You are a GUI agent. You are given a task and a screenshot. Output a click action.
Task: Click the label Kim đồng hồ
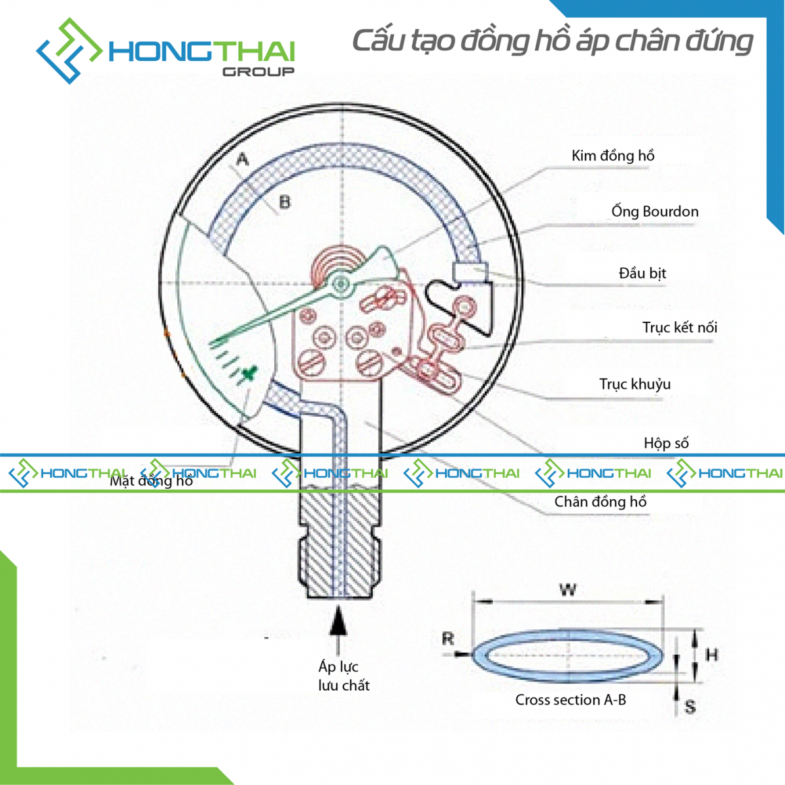(x=612, y=156)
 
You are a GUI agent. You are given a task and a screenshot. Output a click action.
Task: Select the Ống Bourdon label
(x=654, y=211)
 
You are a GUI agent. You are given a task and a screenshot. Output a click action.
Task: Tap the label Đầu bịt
(x=642, y=273)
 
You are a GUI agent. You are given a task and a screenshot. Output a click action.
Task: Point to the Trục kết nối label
(x=679, y=327)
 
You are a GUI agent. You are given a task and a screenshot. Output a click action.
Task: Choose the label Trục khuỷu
(x=635, y=384)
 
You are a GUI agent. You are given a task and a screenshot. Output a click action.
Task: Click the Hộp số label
(x=666, y=443)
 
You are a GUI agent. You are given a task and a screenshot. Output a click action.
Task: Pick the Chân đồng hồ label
(x=600, y=502)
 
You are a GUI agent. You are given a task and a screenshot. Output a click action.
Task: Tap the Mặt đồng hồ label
(x=151, y=481)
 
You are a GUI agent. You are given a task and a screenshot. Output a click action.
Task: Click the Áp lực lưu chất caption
(x=343, y=676)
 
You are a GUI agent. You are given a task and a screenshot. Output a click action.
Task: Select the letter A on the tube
(x=242, y=159)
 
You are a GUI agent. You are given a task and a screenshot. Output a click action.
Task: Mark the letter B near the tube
(x=285, y=202)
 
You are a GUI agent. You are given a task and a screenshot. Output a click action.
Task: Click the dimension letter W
(x=568, y=589)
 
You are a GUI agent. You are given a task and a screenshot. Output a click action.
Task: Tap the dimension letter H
(x=712, y=654)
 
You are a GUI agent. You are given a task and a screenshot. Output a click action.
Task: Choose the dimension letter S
(x=689, y=706)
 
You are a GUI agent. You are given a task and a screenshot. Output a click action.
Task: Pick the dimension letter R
(x=448, y=638)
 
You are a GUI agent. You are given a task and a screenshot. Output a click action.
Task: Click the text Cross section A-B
(x=570, y=700)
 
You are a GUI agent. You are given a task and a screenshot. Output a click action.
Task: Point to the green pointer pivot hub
(x=340, y=284)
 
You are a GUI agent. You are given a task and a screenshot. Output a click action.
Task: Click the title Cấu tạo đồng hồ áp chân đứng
(x=552, y=41)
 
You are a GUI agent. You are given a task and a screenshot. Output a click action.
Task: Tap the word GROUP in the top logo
(x=258, y=71)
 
